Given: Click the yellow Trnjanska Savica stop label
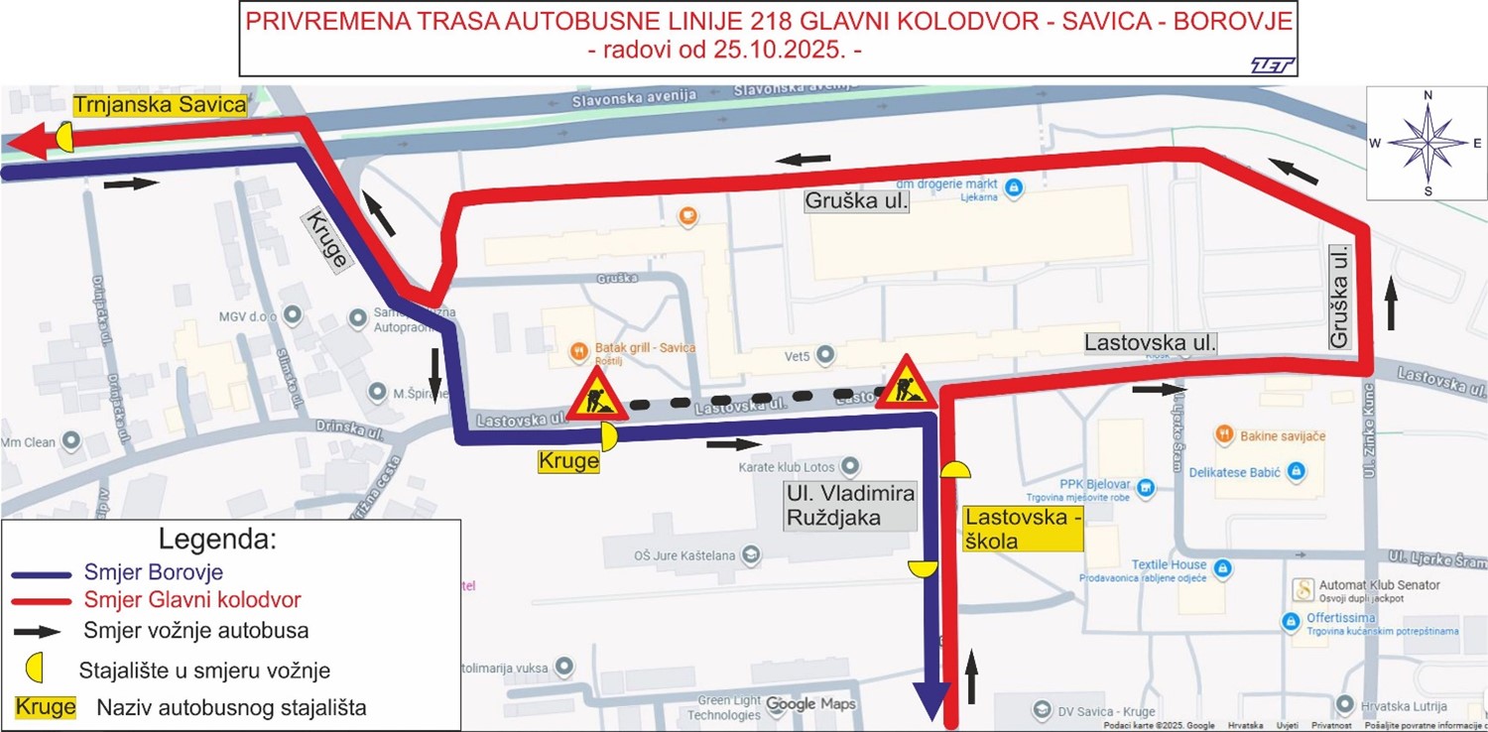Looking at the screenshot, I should coord(158,105).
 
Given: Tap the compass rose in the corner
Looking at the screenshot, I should coord(1426,143).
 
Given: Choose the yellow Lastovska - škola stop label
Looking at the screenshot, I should coord(1022,529).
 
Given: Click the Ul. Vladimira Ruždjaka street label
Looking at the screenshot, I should coord(849,505).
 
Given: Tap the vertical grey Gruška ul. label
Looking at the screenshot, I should coord(1341,298).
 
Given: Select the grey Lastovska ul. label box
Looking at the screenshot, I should coord(1150,343).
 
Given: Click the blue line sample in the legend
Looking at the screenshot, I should coord(42,573).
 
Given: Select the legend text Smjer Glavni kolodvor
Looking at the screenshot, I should coord(192,599).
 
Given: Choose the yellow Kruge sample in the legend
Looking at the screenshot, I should coord(46,707).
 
